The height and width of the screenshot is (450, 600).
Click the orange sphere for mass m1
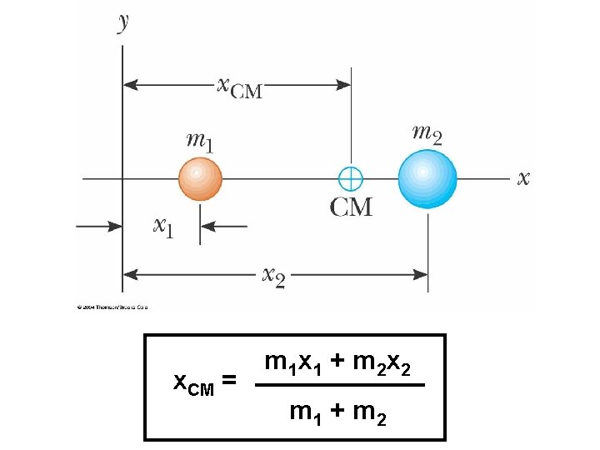200,178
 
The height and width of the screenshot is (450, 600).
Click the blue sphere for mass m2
427,178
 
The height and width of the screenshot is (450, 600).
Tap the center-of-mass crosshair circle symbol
351,178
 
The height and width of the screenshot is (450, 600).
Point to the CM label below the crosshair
351,207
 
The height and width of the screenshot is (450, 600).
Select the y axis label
123,21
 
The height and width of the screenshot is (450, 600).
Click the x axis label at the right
523,177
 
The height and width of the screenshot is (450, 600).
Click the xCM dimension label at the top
239,86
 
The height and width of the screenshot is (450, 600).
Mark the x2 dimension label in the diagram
273,274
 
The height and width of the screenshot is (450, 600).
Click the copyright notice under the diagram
112,307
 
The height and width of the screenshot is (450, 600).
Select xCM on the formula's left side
193,383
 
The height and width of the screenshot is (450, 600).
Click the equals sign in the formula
229,382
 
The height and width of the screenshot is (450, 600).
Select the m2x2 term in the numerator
382,363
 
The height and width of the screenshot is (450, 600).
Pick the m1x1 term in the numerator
292,363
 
